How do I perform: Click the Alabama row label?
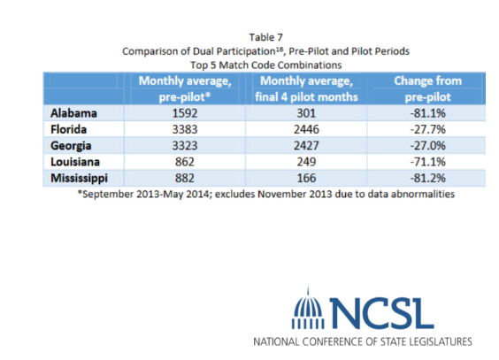73,113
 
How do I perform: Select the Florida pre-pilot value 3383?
185,129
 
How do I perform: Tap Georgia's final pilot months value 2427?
306,146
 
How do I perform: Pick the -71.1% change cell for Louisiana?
427,162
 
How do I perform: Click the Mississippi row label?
80,179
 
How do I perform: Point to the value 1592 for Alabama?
185,113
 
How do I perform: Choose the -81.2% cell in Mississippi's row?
427,178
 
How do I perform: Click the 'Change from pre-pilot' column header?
427,88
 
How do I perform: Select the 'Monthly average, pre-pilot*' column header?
185,88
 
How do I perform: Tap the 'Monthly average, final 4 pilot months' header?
306,88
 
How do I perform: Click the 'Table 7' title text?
266,37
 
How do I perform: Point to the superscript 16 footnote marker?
279,48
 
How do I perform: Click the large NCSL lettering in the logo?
381,313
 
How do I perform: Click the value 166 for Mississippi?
306,178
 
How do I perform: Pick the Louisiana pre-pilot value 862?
185,162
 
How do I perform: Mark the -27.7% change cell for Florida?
427,129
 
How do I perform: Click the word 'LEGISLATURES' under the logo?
440,341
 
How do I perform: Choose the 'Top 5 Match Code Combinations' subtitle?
266,65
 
